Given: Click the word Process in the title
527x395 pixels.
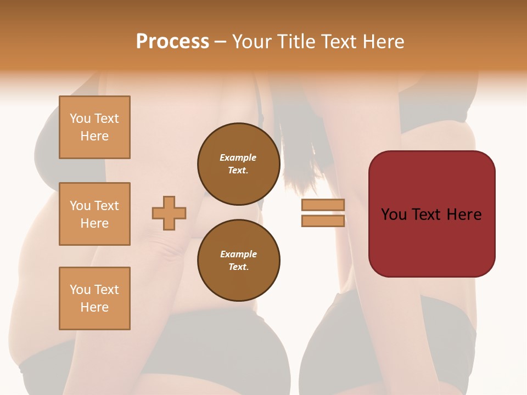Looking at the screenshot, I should point(172,42).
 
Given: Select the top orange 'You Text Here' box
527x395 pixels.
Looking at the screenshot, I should point(94,127).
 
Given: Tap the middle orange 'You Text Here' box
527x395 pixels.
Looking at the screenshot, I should point(94,214).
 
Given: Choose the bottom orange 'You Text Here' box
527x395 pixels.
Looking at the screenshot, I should point(94,298).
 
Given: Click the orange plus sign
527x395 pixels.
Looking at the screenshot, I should point(169,213).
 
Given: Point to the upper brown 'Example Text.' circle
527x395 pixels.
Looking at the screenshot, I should point(238,164).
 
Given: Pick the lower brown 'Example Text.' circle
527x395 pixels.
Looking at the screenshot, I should point(238,261).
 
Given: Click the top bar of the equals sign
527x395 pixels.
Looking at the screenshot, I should point(323,205).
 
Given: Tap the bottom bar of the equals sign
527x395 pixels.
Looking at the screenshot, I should point(323,221).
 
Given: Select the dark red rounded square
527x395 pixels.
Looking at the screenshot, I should point(431,214).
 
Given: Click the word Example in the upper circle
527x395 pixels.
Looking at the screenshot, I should point(238,157).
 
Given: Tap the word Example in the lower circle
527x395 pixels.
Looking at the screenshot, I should point(238,254).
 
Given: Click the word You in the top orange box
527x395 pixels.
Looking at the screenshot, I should point(80,119).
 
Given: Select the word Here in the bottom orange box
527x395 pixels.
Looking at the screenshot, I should point(94,307).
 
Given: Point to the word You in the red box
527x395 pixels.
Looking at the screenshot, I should point(394,215).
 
